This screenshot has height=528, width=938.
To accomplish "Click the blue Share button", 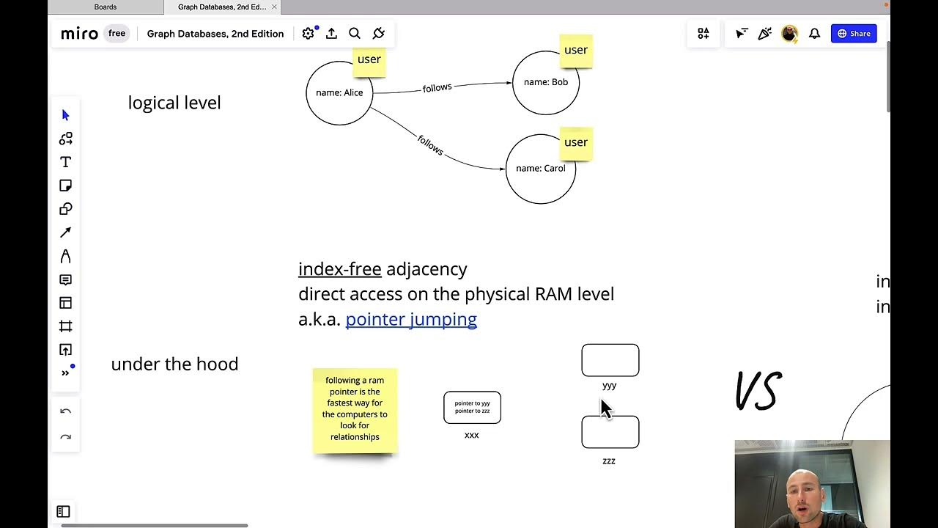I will coord(854,34).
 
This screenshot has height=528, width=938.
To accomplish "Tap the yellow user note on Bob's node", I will coord(575,51).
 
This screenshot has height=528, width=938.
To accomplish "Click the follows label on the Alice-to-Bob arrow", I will coord(437,88).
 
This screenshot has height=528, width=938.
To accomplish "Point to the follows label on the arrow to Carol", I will coord(430,144).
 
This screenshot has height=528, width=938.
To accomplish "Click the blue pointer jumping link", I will coord(410,319).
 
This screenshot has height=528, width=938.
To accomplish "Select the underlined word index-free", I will coord(339,269).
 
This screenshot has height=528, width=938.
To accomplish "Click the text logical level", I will coord(174,103).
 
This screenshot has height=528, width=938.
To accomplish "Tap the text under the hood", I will coord(174,364).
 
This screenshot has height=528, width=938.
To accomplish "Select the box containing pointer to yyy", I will coord(472,407).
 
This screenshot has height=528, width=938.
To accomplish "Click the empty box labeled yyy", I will coord(610,360).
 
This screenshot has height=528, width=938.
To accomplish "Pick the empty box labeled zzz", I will coord(610,432).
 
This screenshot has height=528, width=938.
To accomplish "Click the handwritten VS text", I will coord(758,391).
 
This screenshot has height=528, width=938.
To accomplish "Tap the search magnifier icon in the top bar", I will coord(355,34).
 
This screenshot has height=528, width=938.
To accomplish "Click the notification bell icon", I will coord(814,34).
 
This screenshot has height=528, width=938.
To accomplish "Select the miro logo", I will coord(79,34).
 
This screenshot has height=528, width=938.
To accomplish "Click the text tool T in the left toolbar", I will coord(65,162).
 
